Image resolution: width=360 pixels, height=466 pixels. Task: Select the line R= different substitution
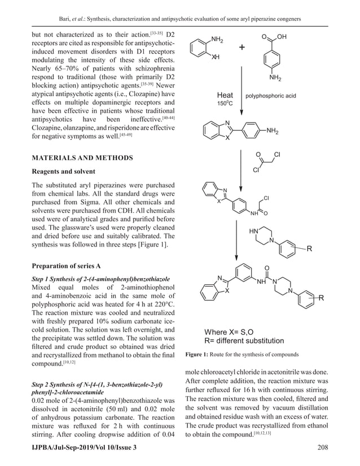[244, 340]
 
